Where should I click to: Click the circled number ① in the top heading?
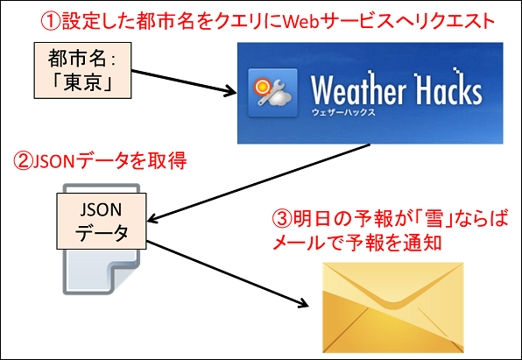(51, 21)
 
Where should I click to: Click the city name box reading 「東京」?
(82, 70)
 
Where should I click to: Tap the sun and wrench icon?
(272, 93)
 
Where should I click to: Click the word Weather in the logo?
(358, 89)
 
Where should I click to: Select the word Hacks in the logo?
(448, 88)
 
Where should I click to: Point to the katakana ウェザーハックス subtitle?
(343, 113)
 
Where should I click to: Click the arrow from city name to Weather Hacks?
(184, 82)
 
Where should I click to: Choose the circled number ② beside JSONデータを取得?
(23, 161)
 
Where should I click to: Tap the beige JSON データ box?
(102, 221)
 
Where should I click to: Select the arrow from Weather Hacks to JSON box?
(258, 182)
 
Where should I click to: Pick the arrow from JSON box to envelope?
(228, 274)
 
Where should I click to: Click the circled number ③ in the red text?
(282, 219)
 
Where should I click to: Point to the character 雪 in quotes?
(434, 219)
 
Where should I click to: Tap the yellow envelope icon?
(393, 307)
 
